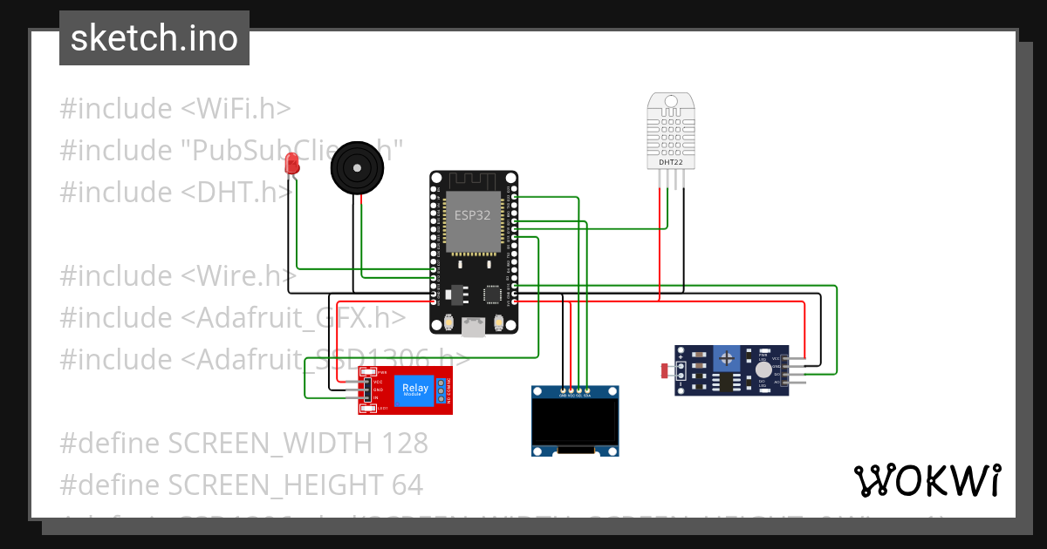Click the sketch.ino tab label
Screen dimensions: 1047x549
pyautogui.click(x=154, y=38)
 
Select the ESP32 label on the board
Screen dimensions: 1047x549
pyautogui.click(x=472, y=215)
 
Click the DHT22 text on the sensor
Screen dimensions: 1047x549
pyautogui.click(x=671, y=162)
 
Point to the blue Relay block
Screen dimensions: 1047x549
pyautogui.click(x=414, y=390)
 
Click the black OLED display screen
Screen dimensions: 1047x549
pyautogui.click(x=575, y=422)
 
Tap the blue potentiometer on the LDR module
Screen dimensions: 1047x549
pyautogui.click(x=726, y=357)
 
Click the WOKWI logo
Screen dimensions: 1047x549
pyautogui.click(x=927, y=480)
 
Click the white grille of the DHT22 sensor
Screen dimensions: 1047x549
pyautogui.click(x=671, y=131)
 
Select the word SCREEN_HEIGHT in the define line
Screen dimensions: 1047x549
pyautogui.click(x=273, y=485)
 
